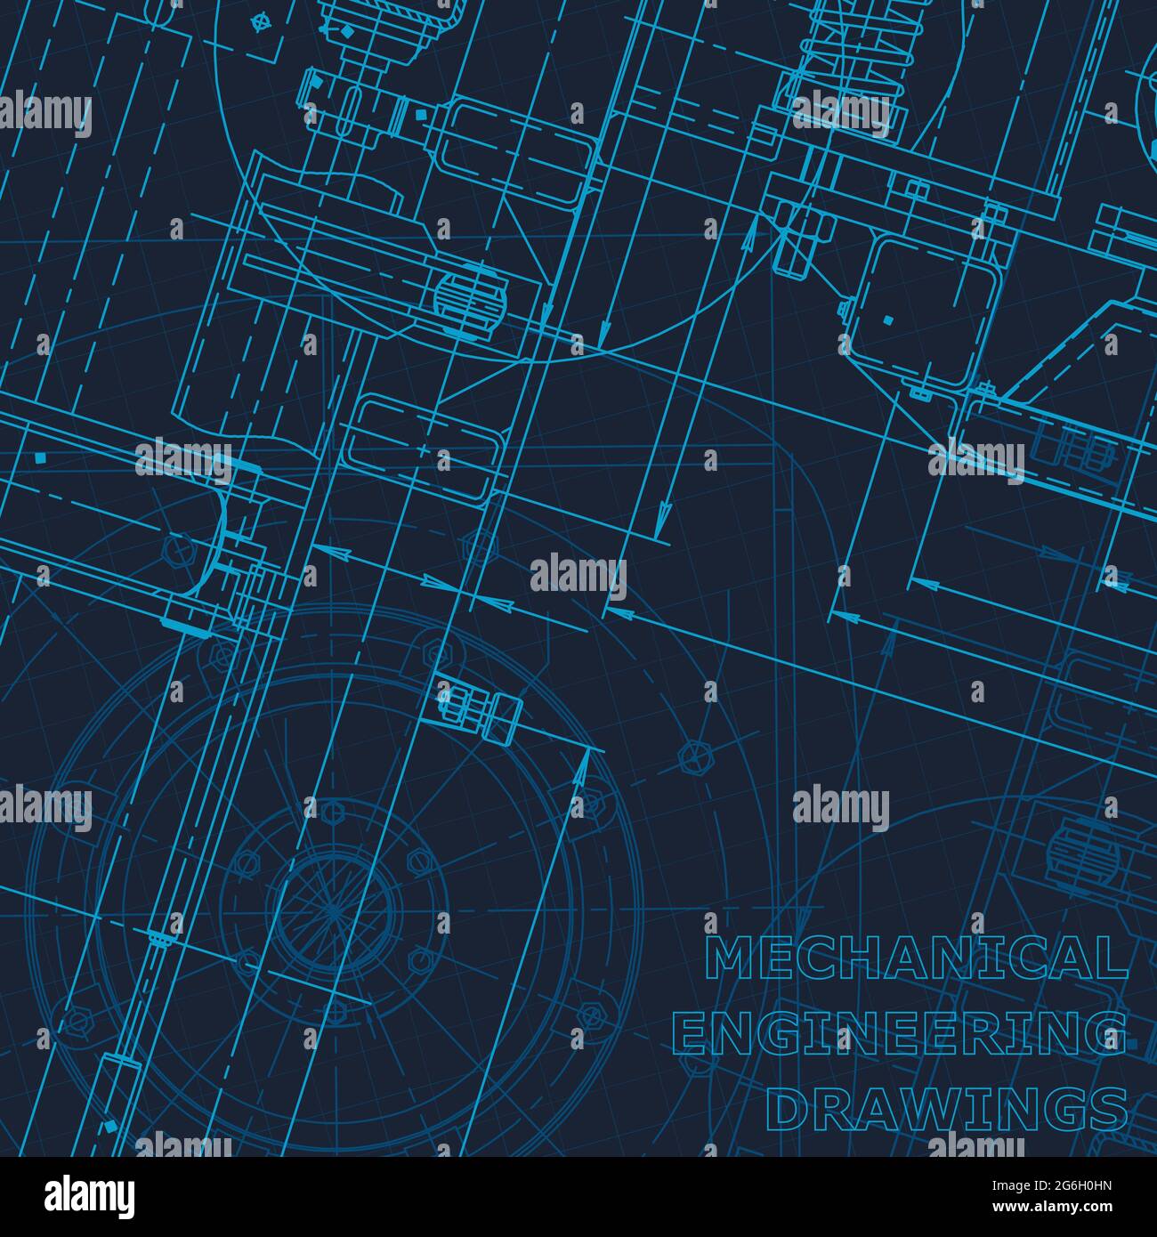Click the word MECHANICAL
point(916,958)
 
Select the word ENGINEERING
point(901,1034)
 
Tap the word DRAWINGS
point(947,1110)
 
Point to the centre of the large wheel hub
point(333,910)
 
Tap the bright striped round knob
point(469,293)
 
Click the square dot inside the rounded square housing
point(887,319)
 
